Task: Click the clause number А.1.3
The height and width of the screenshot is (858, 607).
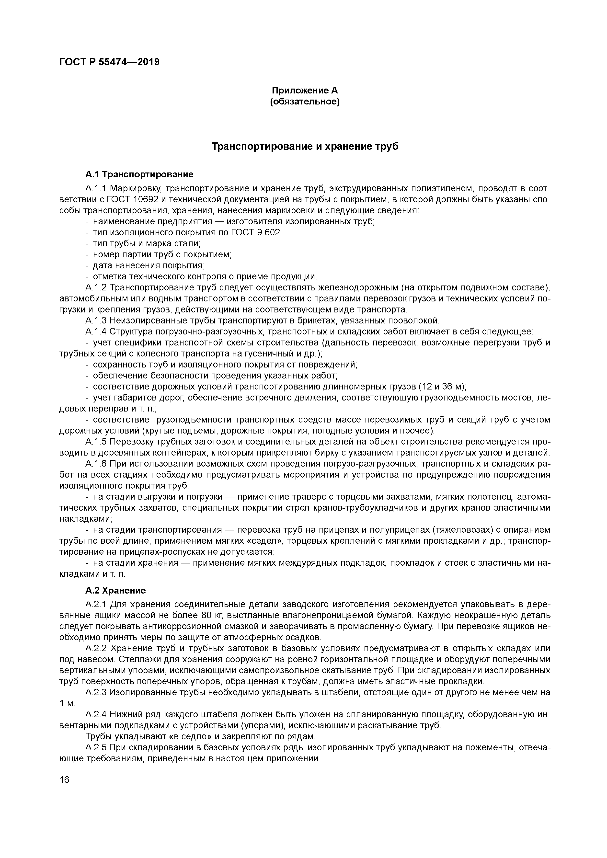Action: [96, 321]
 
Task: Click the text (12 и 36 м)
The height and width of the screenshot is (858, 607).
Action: [441, 386]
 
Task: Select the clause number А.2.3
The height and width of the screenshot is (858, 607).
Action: [96, 692]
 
